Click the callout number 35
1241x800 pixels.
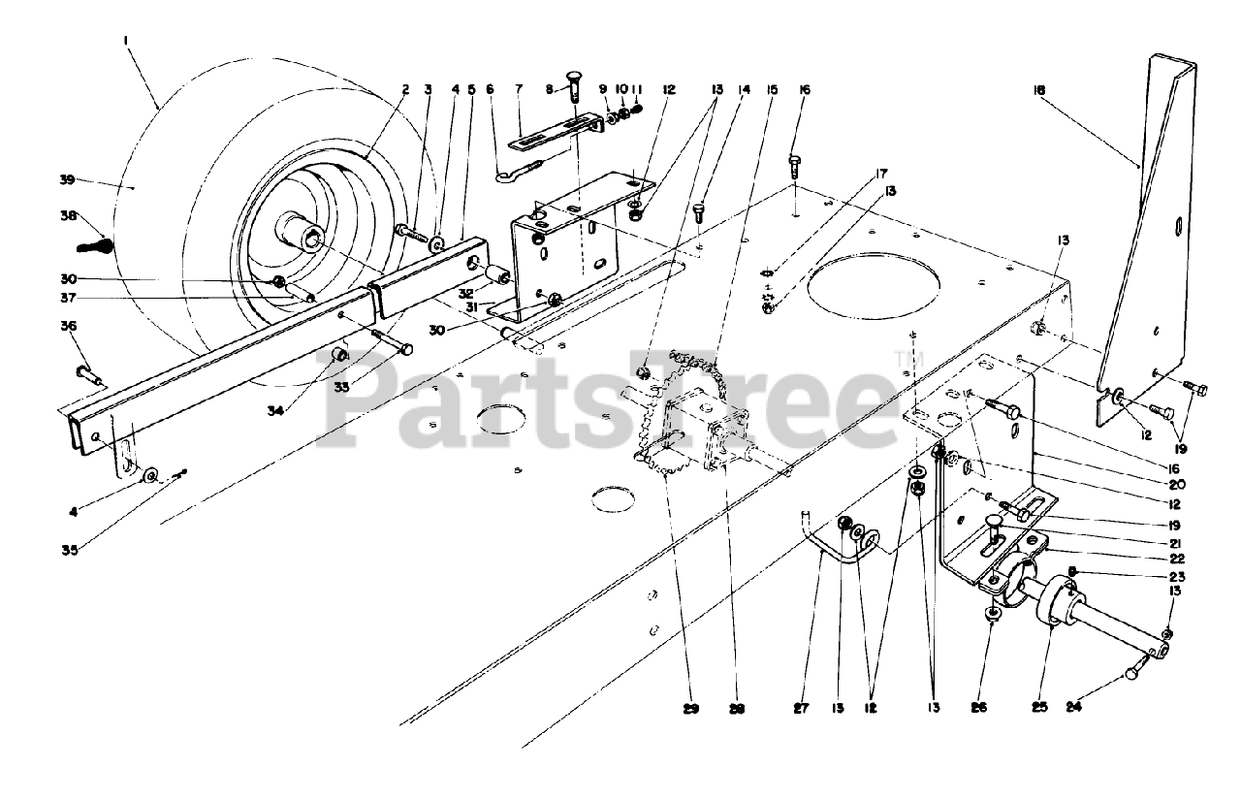click(67, 550)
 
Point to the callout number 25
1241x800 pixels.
click(1040, 707)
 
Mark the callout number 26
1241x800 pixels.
click(978, 708)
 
